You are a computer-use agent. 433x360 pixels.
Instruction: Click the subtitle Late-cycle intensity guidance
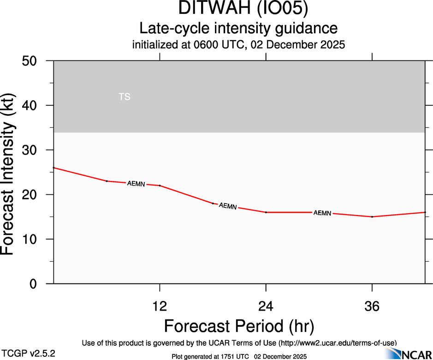238,28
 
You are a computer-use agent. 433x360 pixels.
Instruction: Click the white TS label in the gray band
125,97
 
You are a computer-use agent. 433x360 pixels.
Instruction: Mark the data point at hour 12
160,186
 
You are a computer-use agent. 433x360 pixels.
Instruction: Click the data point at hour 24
266,212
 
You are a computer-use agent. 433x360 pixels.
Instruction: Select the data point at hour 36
372,216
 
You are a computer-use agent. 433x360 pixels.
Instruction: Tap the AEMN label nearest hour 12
136,184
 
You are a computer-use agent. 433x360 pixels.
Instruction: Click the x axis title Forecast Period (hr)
239,326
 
